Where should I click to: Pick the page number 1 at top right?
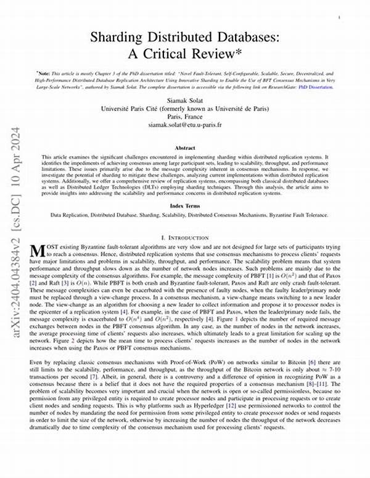340,19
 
